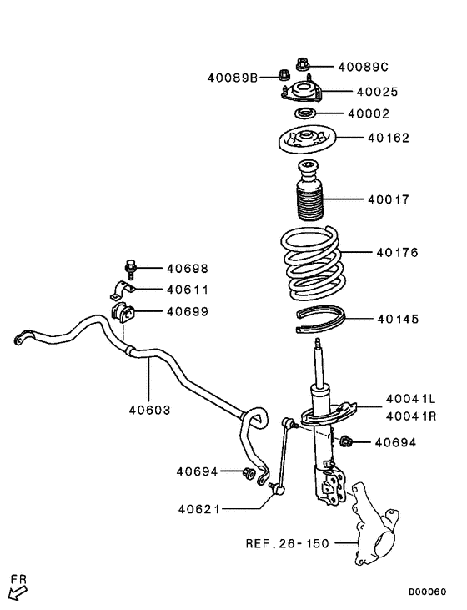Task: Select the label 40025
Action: coord(377,93)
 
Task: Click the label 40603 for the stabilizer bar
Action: coord(149,410)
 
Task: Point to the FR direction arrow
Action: coord(17,590)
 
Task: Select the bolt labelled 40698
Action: coord(129,269)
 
